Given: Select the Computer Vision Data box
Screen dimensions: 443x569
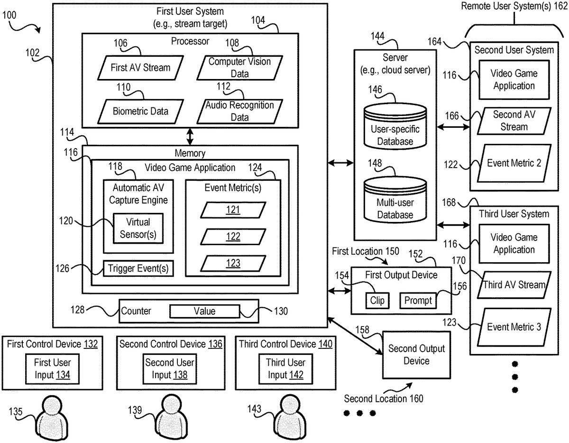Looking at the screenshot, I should click(x=239, y=67).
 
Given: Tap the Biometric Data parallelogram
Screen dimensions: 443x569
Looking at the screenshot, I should click(x=140, y=111).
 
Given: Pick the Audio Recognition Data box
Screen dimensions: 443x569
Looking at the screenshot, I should click(x=239, y=111).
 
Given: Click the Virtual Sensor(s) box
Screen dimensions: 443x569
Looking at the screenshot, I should click(x=138, y=228).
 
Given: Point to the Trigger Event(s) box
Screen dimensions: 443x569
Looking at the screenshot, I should click(x=138, y=268).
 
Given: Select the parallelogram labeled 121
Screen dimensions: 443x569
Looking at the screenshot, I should click(x=232, y=210).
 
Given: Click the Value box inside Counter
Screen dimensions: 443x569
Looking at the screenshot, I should click(x=204, y=311).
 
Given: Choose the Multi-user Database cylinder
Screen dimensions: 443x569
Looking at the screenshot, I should click(x=395, y=201).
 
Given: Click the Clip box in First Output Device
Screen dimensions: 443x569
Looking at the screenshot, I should click(x=377, y=300).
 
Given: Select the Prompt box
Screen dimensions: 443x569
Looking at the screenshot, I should click(x=418, y=300).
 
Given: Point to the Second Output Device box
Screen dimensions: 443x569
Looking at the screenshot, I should click(x=416, y=354).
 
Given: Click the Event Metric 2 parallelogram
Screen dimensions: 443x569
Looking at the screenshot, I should click(x=514, y=163).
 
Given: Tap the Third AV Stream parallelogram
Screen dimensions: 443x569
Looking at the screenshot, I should click(x=514, y=284).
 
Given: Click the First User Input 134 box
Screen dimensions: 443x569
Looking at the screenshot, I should click(x=52, y=369).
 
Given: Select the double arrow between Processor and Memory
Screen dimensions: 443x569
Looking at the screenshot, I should click(x=190, y=136).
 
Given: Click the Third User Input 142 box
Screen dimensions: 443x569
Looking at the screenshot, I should click(x=285, y=369).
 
